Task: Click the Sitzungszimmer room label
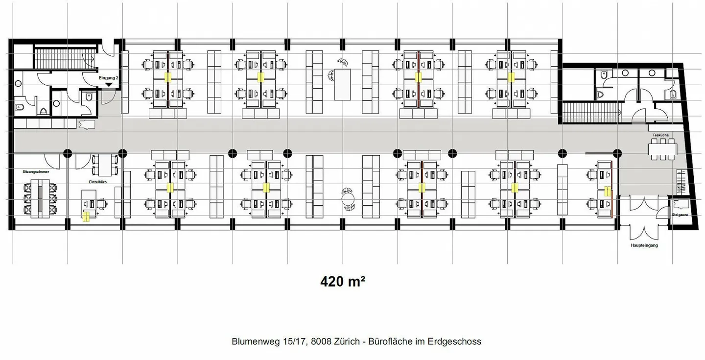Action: pos(36,172)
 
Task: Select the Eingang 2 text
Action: pos(109,77)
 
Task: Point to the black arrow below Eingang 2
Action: pos(108,85)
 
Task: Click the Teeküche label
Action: pos(660,134)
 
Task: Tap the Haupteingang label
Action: pos(644,245)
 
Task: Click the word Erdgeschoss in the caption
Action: pos(457,341)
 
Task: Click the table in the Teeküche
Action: pos(663,148)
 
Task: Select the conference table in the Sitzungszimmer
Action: pos(40,196)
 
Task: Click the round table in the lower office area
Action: pos(348,199)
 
